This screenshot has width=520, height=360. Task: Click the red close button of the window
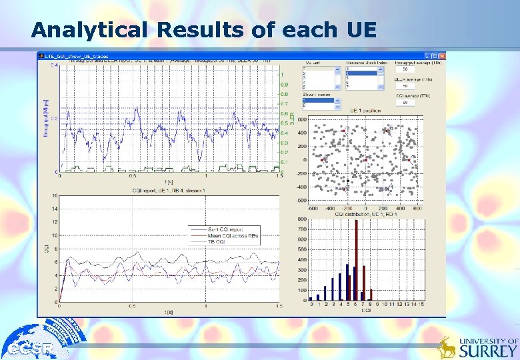click(x=440, y=55)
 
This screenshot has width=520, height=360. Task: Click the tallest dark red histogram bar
click(x=356, y=259)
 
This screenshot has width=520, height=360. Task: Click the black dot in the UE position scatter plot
click(x=347, y=181)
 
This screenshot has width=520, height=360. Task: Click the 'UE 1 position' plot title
click(x=365, y=110)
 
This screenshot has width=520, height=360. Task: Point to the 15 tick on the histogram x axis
click(x=421, y=304)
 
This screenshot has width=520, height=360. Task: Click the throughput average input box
click(x=405, y=69)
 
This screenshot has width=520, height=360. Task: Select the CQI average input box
click(x=405, y=102)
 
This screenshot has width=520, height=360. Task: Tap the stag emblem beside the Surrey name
click(x=446, y=347)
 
